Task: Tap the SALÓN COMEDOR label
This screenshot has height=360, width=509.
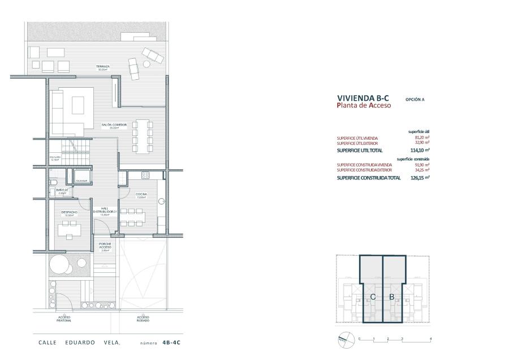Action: tap(110, 126)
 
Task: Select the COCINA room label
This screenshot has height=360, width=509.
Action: tap(141, 195)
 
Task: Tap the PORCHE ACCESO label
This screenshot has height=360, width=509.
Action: tap(105, 247)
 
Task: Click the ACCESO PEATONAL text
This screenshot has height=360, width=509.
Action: tap(64, 320)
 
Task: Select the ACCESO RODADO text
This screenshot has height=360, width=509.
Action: tap(144, 320)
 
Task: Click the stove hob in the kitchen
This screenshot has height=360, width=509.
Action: tap(145, 176)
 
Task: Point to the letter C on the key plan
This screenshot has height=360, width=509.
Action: tap(373, 297)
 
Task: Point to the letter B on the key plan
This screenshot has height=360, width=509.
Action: tap(391, 297)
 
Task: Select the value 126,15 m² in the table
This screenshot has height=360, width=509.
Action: tap(420, 178)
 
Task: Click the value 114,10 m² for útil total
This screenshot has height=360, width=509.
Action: tap(420, 150)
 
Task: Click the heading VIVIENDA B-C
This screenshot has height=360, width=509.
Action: tap(363, 97)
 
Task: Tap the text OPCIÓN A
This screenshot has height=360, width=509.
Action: tap(415, 99)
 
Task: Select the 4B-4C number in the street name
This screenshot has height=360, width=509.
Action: tap(173, 343)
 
